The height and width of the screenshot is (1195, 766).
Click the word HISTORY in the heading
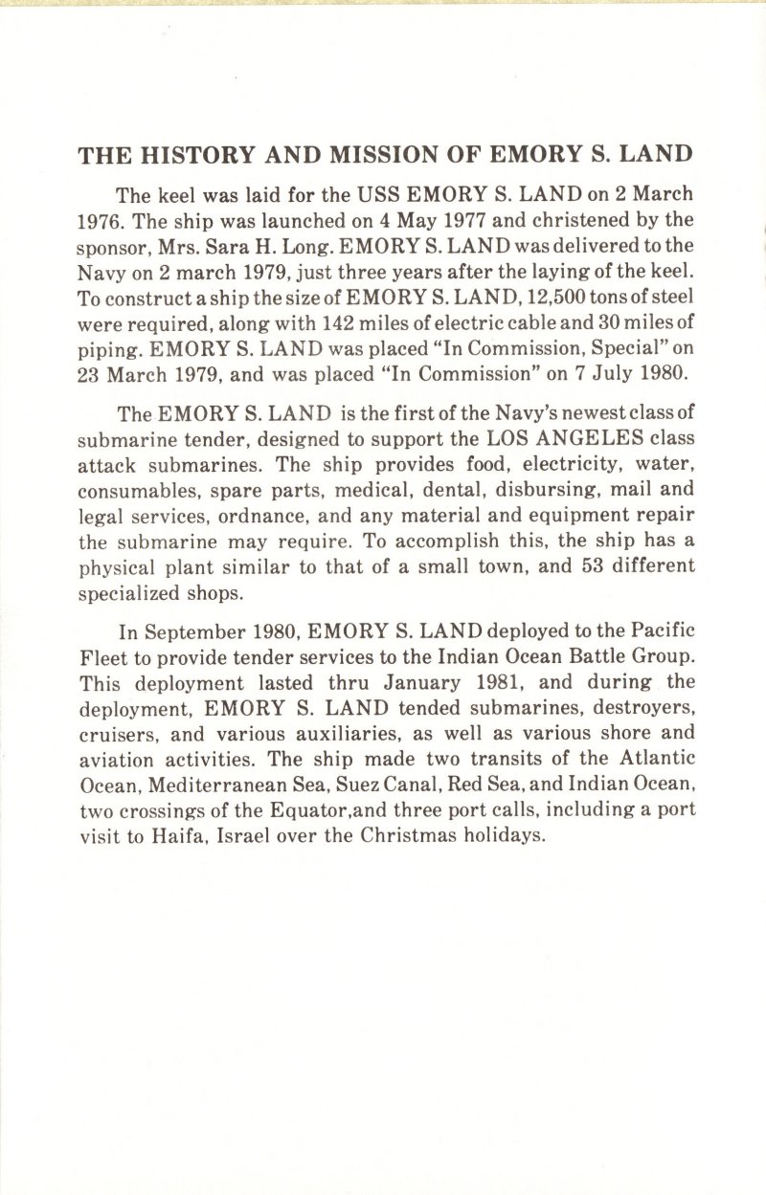coord(188,155)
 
